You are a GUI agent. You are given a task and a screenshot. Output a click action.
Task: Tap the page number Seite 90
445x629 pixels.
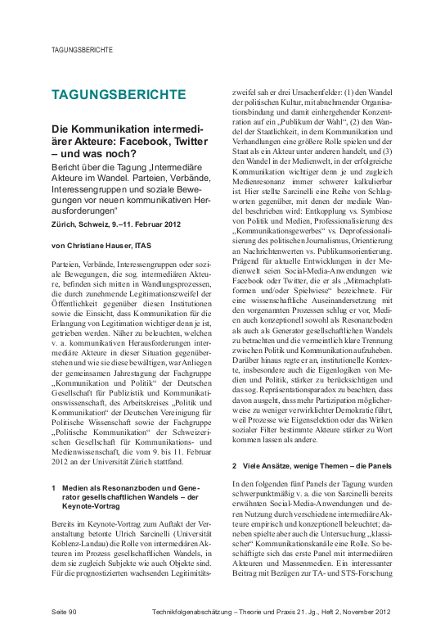click(64, 612)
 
